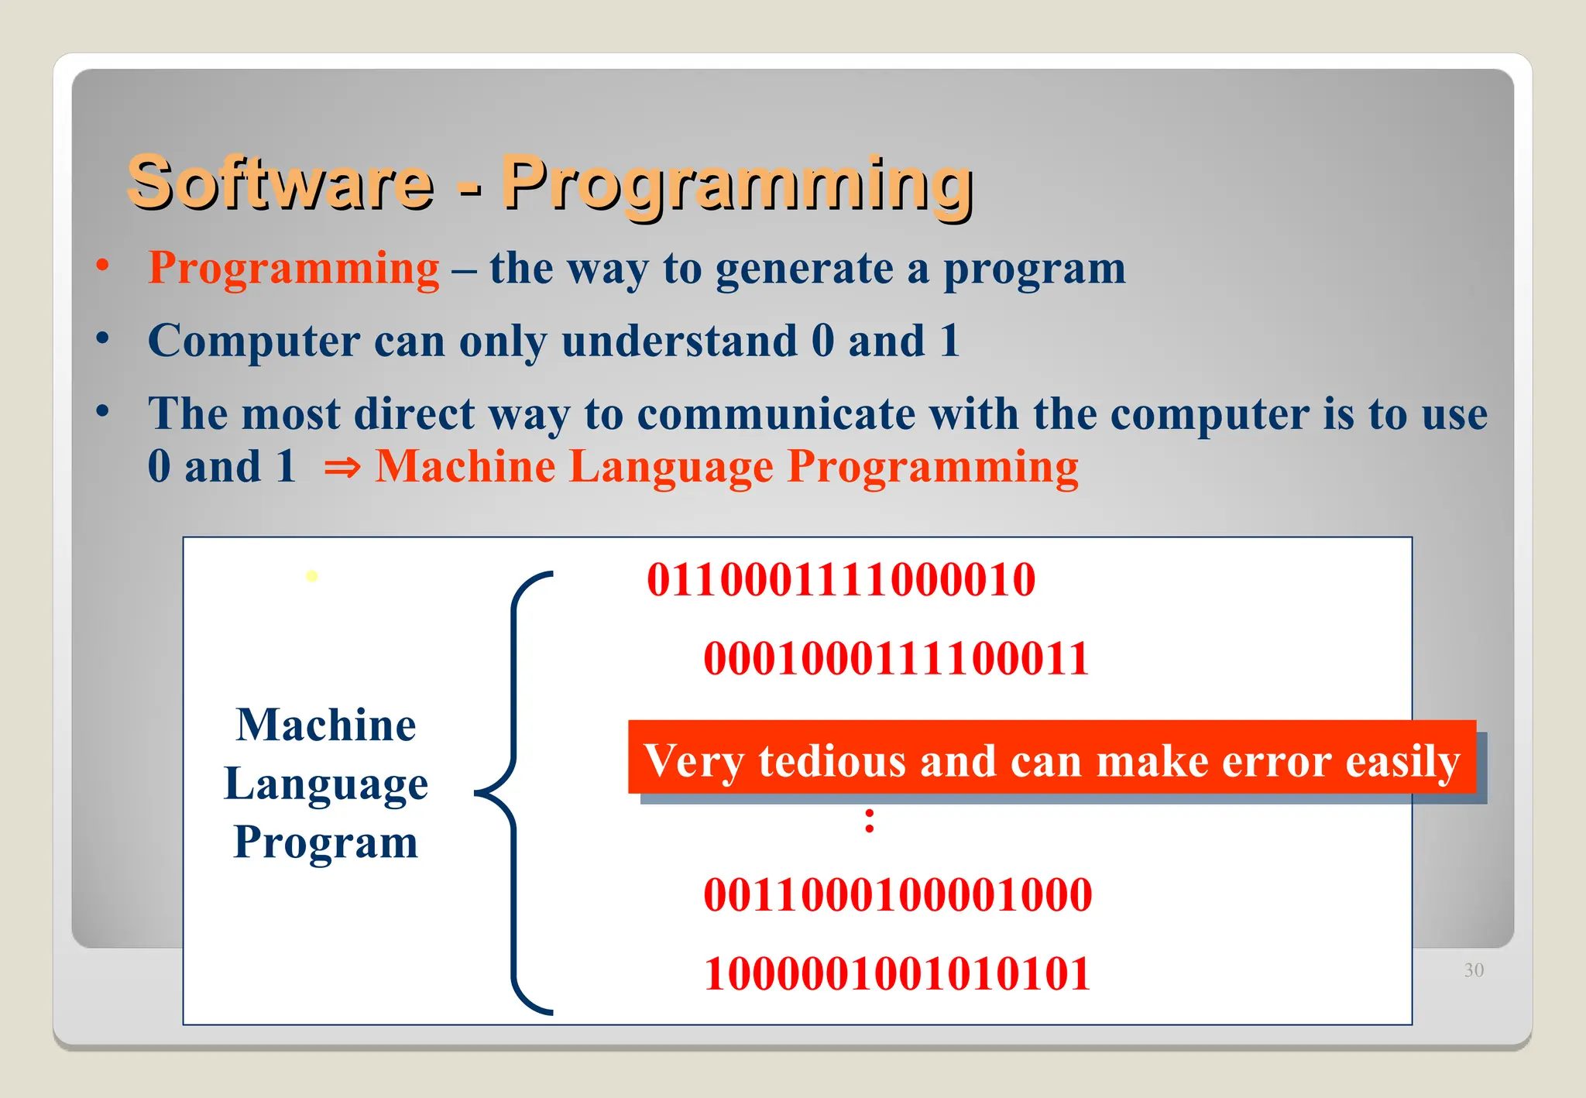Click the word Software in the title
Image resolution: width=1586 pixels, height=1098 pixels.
pyautogui.click(x=280, y=183)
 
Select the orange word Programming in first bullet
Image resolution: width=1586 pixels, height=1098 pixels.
pyautogui.click(x=294, y=269)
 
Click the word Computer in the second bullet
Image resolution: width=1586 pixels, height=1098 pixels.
pyautogui.click(x=254, y=341)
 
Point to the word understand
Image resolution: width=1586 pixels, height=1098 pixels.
pyautogui.click(x=679, y=341)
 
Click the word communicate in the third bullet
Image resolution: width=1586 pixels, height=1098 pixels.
pyautogui.click(x=776, y=413)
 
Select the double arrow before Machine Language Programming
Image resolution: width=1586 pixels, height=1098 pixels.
pyautogui.click(x=342, y=467)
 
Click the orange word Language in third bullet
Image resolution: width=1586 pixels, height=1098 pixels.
pyautogui.click(x=671, y=467)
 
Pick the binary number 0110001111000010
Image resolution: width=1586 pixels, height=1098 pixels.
pyautogui.click(x=841, y=580)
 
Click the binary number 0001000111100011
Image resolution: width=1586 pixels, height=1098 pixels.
pyautogui.click(x=896, y=659)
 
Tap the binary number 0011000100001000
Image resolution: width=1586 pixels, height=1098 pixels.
pyautogui.click(x=898, y=894)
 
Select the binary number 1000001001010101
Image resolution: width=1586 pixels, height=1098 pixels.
pyautogui.click(x=897, y=973)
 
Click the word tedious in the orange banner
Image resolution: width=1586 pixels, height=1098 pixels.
pyautogui.click(x=832, y=760)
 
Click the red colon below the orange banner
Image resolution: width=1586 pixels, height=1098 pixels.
pyautogui.click(x=870, y=821)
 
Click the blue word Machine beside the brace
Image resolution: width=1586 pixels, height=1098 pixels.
pyautogui.click(x=326, y=725)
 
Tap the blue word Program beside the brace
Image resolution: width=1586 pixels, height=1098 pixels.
pyautogui.click(x=325, y=842)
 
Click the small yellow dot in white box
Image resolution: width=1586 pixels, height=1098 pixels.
pyautogui.click(x=312, y=576)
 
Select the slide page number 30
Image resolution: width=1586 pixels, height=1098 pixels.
pyautogui.click(x=1474, y=970)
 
